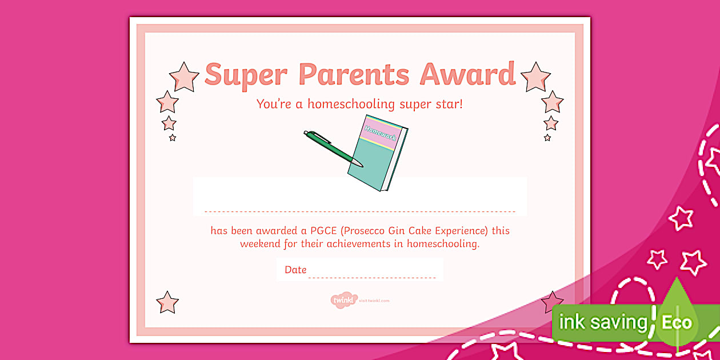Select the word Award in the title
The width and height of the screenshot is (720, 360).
pyautogui.click(x=467, y=75)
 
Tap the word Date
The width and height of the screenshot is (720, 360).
pyautogui.click(x=295, y=270)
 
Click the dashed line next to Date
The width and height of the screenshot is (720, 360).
pyautogui.click(x=372, y=278)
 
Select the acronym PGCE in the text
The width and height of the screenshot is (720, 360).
pyautogui.click(x=325, y=231)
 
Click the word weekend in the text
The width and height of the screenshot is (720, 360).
pyautogui.click(x=261, y=244)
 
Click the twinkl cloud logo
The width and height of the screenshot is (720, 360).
pyautogui.click(x=343, y=301)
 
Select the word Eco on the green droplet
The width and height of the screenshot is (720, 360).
pyautogui.click(x=677, y=322)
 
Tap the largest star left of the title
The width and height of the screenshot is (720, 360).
pyautogui.click(x=184, y=77)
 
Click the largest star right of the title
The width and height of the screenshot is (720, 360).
pyautogui.click(x=535, y=77)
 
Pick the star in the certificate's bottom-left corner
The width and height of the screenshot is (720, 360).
pyautogui.click(x=167, y=302)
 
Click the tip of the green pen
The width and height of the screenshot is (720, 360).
pyautogui.click(x=361, y=166)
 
